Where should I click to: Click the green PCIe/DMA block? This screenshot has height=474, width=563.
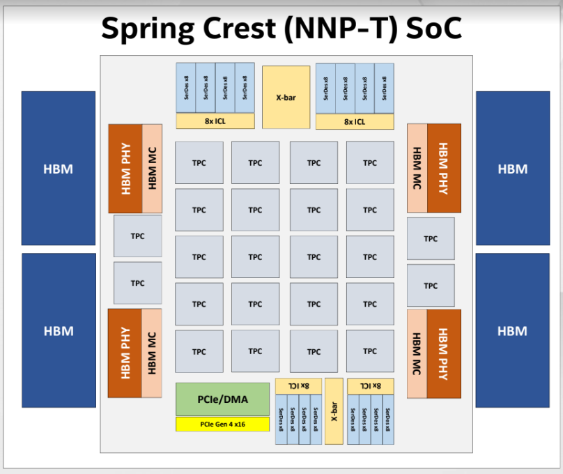[222, 399]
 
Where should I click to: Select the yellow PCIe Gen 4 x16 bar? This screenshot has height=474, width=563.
[222, 424]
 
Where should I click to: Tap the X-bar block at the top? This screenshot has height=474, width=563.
[286, 97]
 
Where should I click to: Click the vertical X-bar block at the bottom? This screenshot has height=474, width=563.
[334, 411]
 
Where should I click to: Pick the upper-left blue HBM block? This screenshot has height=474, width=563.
[59, 168]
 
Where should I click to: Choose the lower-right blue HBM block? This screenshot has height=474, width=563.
[512, 330]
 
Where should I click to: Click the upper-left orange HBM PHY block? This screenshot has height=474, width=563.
[125, 169]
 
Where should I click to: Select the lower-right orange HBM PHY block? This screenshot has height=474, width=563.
[444, 353]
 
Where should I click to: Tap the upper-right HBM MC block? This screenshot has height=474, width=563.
[417, 168]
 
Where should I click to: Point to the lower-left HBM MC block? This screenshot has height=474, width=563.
[152, 353]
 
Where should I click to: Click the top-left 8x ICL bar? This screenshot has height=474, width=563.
[215, 121]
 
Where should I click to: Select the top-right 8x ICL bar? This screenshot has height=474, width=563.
[355, 122]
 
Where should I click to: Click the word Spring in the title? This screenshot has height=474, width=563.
[148, 29]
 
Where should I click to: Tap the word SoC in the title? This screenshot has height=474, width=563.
[433, 28]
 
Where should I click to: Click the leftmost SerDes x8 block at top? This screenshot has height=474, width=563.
[186, 88]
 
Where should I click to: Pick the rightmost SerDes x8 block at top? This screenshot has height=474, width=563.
[384, 89]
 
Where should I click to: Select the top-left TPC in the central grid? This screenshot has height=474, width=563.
[199, 162]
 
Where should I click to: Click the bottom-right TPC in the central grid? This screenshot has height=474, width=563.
[370, 351]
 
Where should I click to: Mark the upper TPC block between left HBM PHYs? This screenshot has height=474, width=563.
[138, 236]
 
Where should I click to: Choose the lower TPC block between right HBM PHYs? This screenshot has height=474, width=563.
[431, 286]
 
